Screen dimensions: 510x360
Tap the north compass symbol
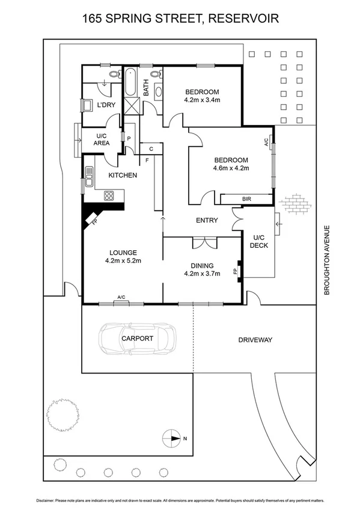[172, 438]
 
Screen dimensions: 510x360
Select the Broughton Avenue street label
[328, 259]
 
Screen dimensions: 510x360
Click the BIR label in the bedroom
[246, 198]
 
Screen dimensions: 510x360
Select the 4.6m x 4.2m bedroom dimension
[231, 168]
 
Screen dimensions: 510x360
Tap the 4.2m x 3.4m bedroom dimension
[202, 100]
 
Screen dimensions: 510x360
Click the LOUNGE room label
[123, 253]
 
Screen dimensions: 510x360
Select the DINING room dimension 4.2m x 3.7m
[202, 274]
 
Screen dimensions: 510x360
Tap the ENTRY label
[206, 221]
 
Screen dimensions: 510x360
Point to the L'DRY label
[106, 105]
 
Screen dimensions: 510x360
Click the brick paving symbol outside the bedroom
[296, 203]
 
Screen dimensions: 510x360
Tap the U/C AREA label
[101, 140]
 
